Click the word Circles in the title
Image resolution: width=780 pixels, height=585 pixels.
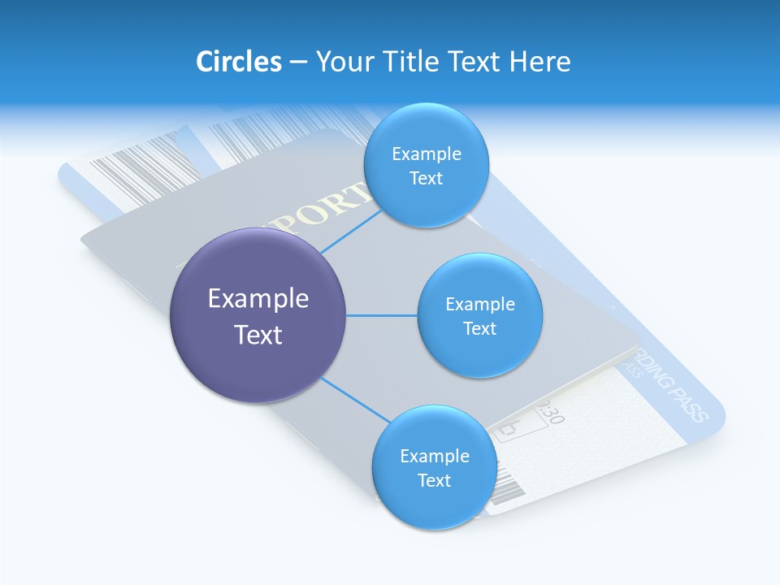pos(238,62)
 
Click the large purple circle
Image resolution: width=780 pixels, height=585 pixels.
pos(258,357)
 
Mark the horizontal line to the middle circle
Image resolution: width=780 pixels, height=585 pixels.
pos(382,315)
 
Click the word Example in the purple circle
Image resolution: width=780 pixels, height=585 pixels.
pos(258,299)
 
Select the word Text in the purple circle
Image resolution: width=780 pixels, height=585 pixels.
pos(258,335)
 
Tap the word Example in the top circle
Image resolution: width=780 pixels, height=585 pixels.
pos(426,154)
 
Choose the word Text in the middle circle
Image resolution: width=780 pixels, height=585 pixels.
pos(479,328)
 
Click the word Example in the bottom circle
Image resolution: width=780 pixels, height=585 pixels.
pos(434,456)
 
